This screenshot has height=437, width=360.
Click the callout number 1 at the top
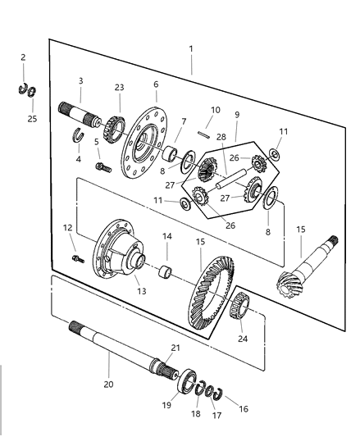pos(191,49)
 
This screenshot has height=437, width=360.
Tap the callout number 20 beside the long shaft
pos(107,381)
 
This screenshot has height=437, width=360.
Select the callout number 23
pos(119,87)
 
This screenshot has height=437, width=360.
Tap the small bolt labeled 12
pos(77,260)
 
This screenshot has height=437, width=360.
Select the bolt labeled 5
pos(103,166)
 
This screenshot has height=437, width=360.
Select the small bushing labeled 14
pos(169,271)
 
